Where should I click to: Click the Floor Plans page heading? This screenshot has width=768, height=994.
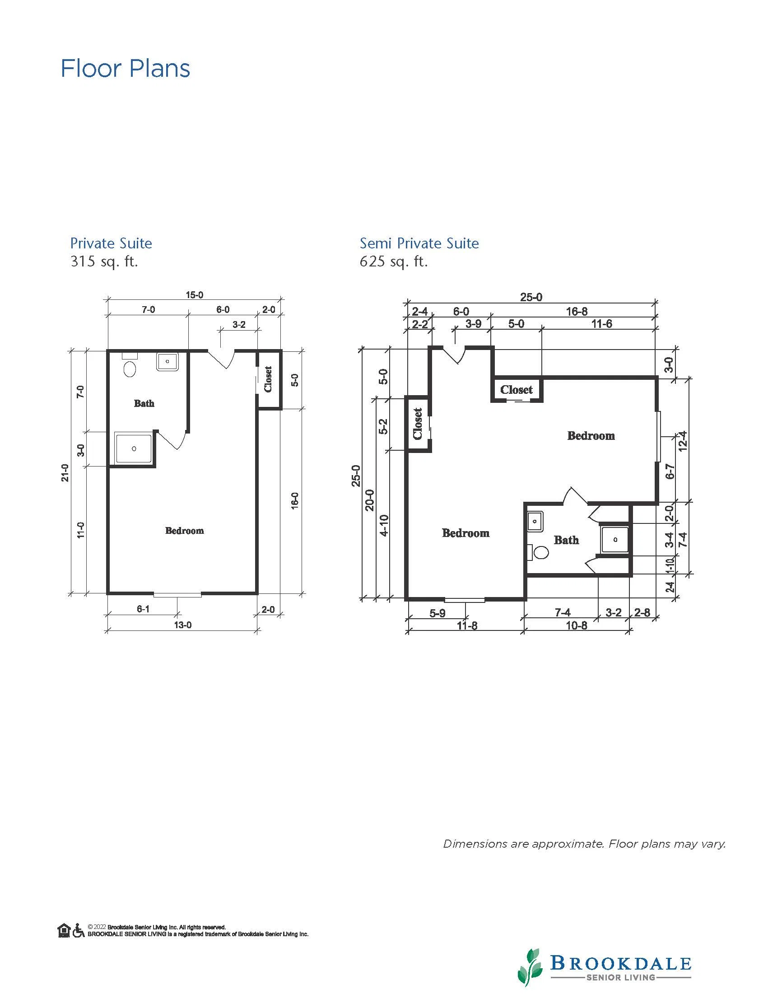(x=126, y=69)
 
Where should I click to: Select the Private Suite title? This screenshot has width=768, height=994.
(x=111, y=243)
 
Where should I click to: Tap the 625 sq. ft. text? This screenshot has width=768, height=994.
(x=394, y=261)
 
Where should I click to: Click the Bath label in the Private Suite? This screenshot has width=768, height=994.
(x=144, y=403)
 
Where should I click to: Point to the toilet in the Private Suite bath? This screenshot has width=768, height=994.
(x=130, y=366)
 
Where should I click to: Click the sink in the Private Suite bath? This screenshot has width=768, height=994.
(x=168, y=362)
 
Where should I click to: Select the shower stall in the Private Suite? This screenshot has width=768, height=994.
(x=133, y=449)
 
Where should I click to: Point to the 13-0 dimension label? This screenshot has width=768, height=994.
(x=182, y=625)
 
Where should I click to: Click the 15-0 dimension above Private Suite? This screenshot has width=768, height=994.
(x=194, y=295)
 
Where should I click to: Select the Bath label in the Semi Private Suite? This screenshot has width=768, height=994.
(x=567, y=540)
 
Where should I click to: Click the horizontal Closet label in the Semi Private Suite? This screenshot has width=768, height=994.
(x=517, y=390)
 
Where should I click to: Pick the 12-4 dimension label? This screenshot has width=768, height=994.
(x=683, y=442)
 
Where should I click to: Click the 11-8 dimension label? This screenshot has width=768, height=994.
(x=467, y=626)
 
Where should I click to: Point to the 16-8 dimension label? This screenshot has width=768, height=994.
(x=577, y=312)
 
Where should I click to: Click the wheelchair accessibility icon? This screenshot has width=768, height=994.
(x=79, y=930)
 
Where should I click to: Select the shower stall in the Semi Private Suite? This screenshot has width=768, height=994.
(x=615, y=540)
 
